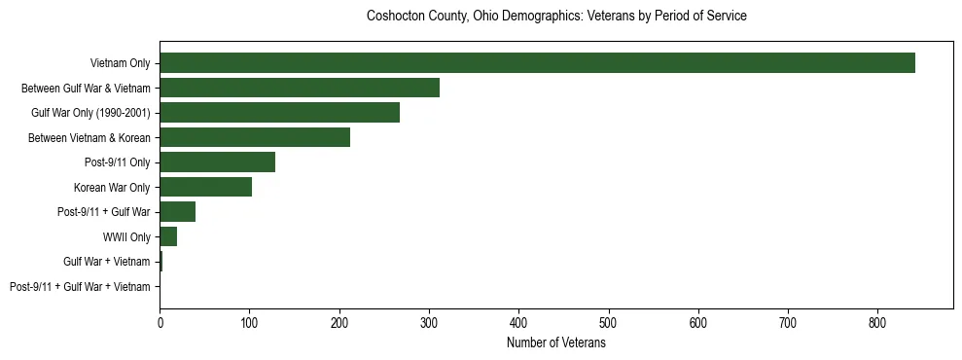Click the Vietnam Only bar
pos(537,63)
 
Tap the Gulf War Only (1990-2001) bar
pos(279,113)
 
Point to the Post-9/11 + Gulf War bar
pos(177,212)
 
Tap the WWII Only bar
pos(168,236)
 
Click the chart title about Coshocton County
pos(556,17)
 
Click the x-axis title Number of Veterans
pos(556,343)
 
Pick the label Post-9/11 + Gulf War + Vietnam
pos(80,287)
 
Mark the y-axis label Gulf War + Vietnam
pos(107,262)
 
